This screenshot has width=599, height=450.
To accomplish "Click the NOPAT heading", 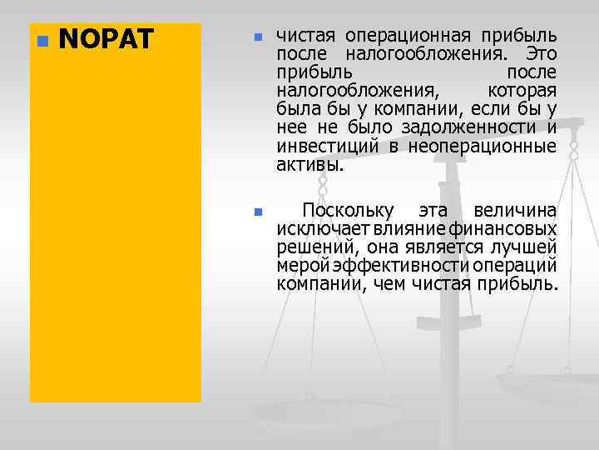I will [106, 39].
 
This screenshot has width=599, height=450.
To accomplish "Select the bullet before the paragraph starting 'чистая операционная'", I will [258, 38].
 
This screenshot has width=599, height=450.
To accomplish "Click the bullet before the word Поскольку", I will [258, 212].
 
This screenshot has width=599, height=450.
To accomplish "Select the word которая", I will [522, 91].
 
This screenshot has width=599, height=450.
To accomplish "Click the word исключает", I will [313, 228].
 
